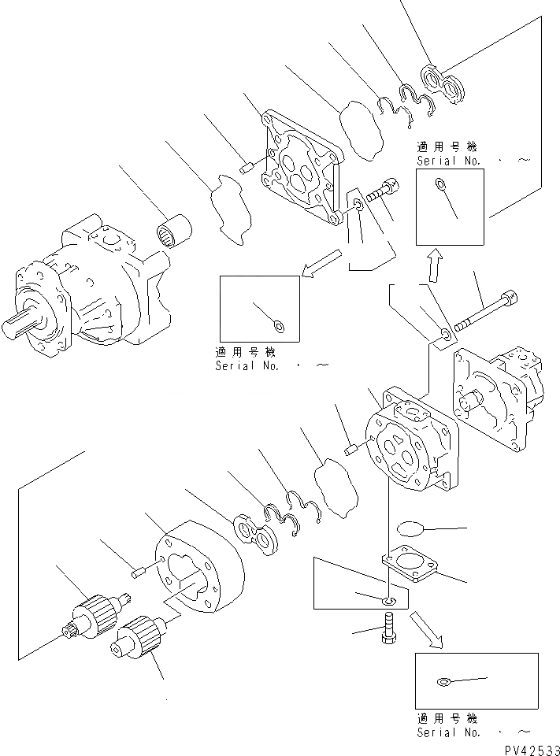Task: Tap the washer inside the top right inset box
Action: pyautogui.click(x=439, y=186)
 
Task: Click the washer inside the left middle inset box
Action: pyautogui.click(x=276, y=324)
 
